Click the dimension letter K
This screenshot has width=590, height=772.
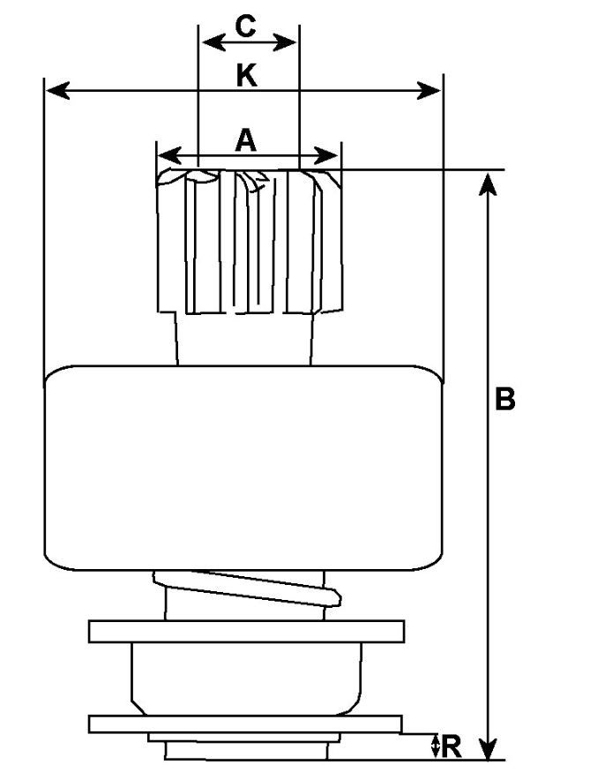coord(246,77)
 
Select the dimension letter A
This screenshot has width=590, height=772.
coord(246,139)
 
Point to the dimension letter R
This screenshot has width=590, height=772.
coord(452,746)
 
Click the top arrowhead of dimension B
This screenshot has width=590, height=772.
coord(491,183)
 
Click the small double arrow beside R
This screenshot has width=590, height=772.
coord(435,746)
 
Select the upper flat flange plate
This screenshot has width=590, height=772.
coord(246,631)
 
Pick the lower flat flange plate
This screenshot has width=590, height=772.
coord(246,723)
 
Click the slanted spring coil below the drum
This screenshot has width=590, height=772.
coord(247,588)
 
